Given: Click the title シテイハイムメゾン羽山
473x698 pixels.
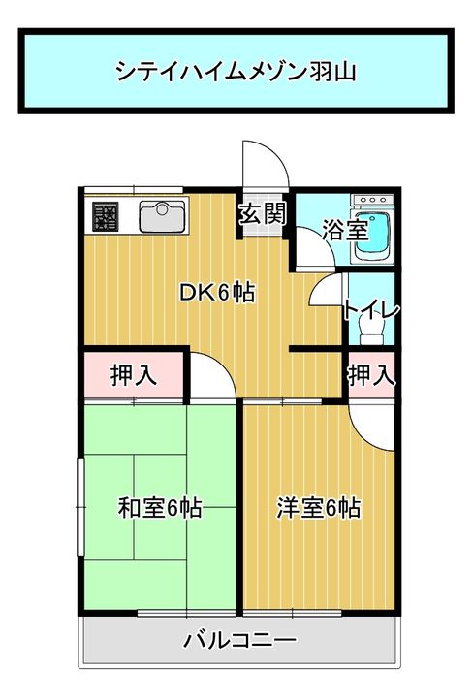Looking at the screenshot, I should click(x=236, y=71).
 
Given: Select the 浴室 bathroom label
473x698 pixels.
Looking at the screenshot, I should click(x=344, y=230).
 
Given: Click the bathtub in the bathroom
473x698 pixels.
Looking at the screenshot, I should click(x=371, y=234).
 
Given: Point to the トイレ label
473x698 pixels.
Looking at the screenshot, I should click(x=370, y=310).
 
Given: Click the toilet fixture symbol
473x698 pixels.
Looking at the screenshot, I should click(x=370, y=333).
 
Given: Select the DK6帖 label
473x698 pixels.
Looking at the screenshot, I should click(x=217, y=292).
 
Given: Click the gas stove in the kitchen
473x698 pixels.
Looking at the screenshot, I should click(x=105, y=216).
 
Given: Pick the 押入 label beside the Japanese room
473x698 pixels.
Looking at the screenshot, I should click(x=133, y=375).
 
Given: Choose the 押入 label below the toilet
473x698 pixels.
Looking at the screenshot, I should click(x=371, y=374).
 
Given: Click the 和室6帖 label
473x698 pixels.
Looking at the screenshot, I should click(x=160, y=507).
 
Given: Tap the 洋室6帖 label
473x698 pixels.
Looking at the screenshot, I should click(x=318, y=507).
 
